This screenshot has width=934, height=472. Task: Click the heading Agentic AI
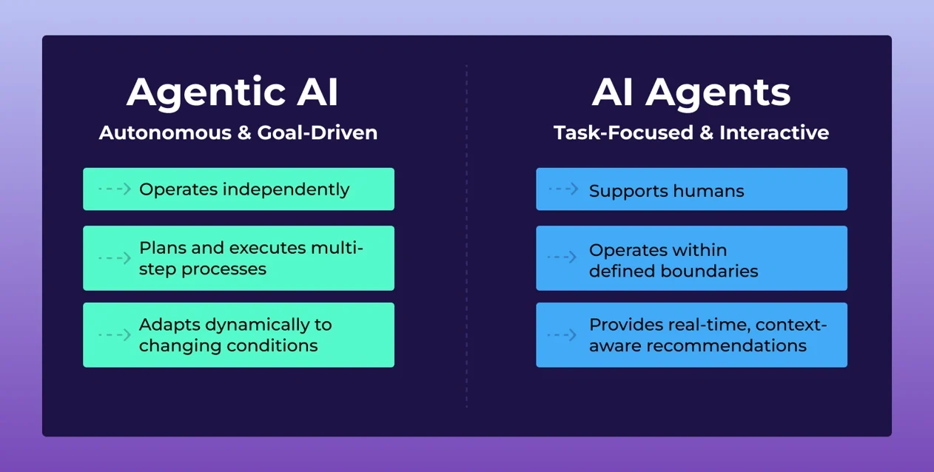(x=232, y=92)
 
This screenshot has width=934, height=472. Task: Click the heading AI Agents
(x=691, y=92)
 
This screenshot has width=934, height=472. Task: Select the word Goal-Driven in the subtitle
(x=318, y=133)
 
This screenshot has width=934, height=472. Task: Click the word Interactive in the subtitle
(x=774, y=133)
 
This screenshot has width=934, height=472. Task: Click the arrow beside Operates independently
(x=115, y=189)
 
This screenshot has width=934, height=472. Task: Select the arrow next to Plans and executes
(x=115, y=258)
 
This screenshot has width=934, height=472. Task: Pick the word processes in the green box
(x=224, y=269)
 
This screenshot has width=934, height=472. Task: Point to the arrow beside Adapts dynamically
(x=115, y=335)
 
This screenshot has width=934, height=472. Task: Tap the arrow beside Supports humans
(x=564, y=189)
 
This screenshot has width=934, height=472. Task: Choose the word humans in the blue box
(x=709, y=192)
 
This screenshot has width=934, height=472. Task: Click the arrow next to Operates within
(x=562, y=257)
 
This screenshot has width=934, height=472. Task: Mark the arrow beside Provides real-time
(x=562, y=335)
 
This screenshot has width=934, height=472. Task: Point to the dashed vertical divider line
(x=467, y=237)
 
